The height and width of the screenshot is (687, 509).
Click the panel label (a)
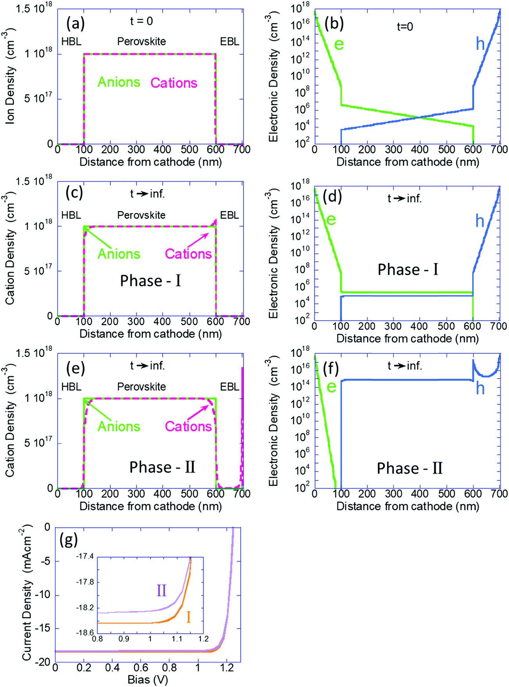75,24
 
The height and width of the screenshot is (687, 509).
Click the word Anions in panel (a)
119,82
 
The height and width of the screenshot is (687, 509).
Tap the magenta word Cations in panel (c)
188,254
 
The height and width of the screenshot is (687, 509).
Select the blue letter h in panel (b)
480,44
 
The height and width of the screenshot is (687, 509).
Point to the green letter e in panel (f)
331,387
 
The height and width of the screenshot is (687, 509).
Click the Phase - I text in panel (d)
408,270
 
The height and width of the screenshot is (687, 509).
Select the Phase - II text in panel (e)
162,467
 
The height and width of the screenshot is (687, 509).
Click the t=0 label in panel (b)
405,27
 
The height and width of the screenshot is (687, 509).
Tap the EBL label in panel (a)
229,42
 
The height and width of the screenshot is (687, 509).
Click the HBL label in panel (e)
71,387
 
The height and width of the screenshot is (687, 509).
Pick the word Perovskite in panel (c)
141,215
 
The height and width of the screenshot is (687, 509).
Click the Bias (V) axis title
148,680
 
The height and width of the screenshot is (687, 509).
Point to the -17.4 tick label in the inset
85,557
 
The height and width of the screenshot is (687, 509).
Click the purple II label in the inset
161,590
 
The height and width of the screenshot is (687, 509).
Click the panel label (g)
69,541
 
